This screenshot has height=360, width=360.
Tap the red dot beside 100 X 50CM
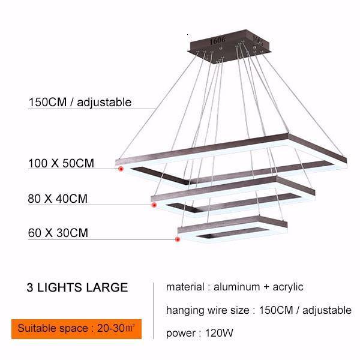(x=120, y=169)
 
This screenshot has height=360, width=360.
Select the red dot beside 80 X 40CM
(x=154, y=205)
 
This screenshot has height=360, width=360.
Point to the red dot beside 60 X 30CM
(x=178, y=239)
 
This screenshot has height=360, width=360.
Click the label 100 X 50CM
(x=61, y=163)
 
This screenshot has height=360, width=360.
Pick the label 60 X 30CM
(x=58, y=233)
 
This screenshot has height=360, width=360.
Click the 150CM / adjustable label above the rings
(x=80, y=102)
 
